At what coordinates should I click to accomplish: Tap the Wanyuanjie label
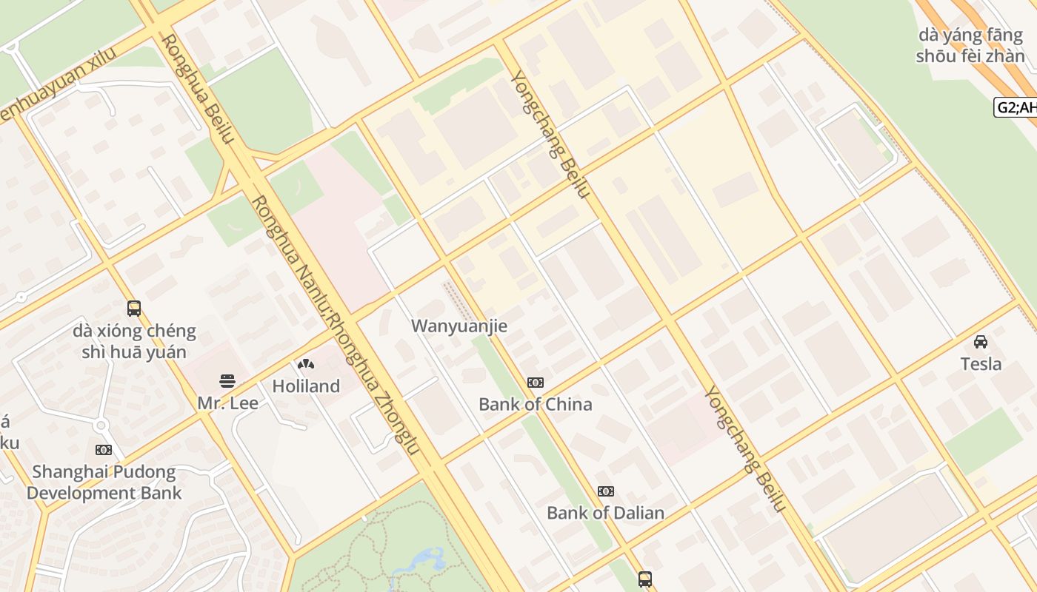[459, 326]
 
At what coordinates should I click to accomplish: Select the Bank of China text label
[536, 404]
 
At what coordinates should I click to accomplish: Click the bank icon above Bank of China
[536, 383]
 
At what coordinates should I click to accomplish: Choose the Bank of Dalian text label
[605, 512]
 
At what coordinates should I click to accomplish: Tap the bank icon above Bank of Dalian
[606, 491]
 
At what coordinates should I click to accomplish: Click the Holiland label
[306, 386]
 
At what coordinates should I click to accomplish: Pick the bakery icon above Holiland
[305, 364]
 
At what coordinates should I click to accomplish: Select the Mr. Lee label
[227, 403]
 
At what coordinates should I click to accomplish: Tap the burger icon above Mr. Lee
[227, 382]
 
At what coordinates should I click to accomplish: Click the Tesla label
[981, 363]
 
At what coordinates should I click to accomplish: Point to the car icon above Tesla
[981, 342]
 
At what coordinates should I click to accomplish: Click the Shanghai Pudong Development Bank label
[104, 482]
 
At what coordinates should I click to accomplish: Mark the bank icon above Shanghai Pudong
[104, 450]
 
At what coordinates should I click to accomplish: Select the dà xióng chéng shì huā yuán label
[134, 341]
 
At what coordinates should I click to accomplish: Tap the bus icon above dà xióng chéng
[134, 308]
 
